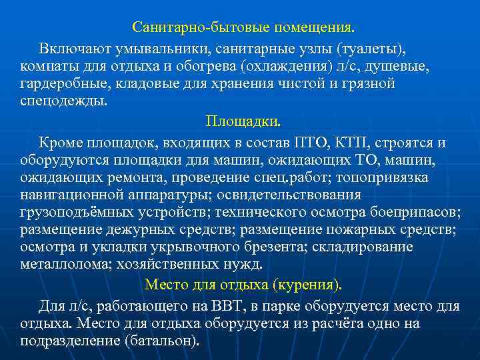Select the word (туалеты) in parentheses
(x=371, y=49)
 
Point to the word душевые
(x=403, y=67)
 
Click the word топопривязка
(x=383, y=177)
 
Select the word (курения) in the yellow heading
(x=307, y=285)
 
